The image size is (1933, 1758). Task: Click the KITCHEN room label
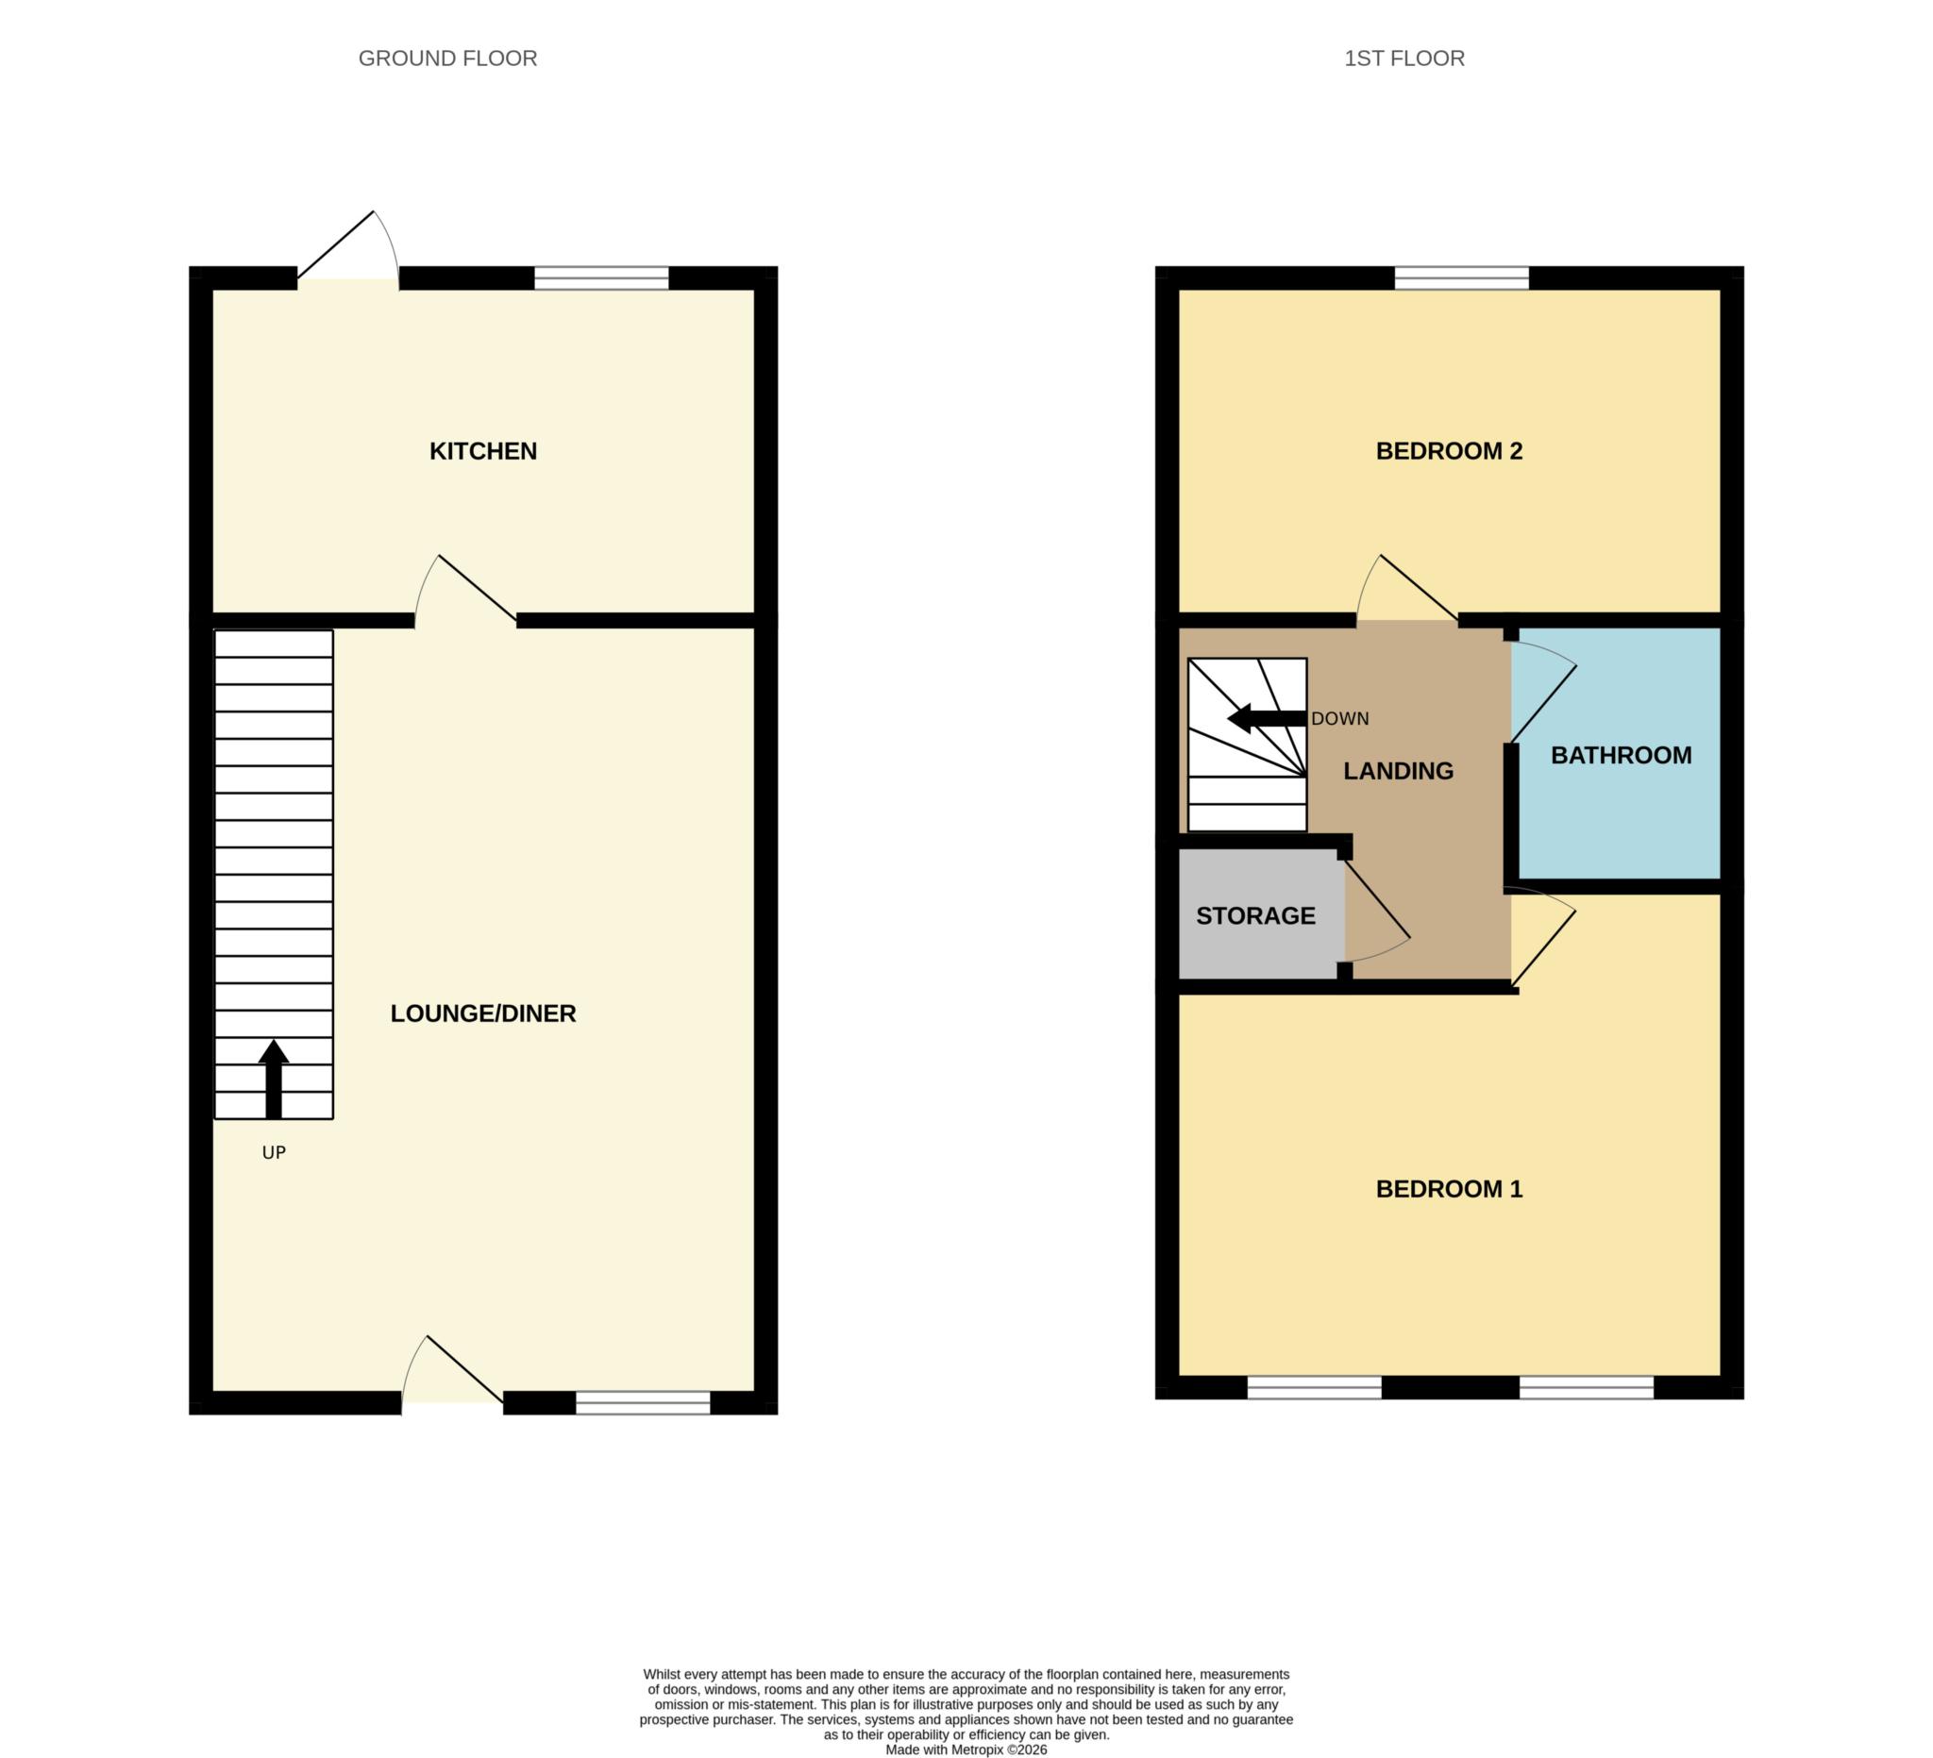482,450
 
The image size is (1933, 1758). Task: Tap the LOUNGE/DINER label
482,1013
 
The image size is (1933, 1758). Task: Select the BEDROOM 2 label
1448,450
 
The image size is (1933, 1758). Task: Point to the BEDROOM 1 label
1448,1189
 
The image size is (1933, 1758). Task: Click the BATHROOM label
1621,755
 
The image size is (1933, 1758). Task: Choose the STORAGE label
1255,915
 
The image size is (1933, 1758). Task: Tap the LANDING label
1397,771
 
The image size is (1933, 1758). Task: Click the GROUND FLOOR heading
446,59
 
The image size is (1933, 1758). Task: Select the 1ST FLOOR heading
1404,59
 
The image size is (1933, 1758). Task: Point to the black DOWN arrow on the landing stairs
1266,718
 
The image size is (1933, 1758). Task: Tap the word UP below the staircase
274,1153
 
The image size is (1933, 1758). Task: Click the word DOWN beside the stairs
1339,719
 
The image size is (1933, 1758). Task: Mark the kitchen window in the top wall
600,278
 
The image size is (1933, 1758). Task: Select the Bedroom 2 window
1460,278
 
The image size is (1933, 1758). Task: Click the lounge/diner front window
643,1403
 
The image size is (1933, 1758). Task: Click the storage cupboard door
1376,911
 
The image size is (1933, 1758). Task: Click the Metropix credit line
966,1750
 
